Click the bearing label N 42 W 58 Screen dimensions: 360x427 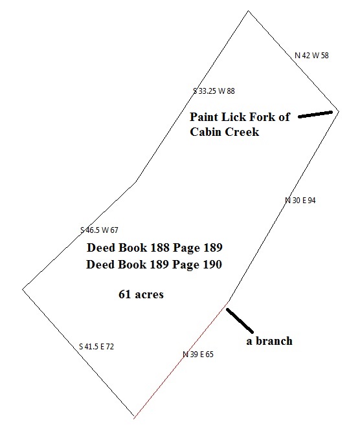coord(311,56)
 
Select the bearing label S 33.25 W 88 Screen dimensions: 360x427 coord(214,91)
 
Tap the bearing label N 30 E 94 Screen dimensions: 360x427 coord(300,201)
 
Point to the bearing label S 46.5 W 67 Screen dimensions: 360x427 coord(99,230)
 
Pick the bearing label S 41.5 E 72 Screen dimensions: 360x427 coord(96,347)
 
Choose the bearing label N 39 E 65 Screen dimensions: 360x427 coord(198,355)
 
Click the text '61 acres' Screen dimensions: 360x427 coord(141,294)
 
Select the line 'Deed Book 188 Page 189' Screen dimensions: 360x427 coord(155,248)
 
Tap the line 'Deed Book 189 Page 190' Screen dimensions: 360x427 coord(154,265)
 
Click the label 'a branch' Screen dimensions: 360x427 coord(269,341)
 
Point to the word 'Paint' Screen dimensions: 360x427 coord(204,117)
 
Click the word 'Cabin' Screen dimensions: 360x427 coord(205,132)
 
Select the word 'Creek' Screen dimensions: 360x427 coord(242,132)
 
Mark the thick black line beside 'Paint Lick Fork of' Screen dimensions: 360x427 coord(315,114)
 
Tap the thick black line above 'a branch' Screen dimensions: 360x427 coord(240,320)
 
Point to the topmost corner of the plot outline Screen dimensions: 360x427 coord(248,11)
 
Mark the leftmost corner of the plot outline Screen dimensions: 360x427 coord(23,289)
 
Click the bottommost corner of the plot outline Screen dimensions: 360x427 coord(134,417)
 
